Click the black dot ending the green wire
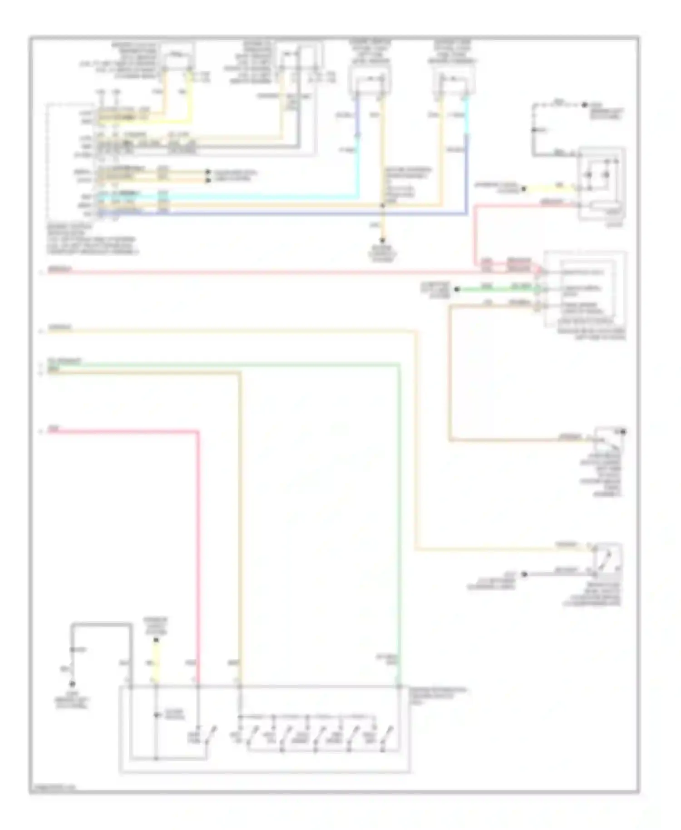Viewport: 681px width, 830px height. tap(457, 289)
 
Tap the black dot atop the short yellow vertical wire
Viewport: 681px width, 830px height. tap(156, 640)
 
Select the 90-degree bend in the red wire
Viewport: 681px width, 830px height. tap(197, 432)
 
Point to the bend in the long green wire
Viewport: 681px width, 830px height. tap(399, 364)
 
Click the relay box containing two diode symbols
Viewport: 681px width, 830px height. tap(602, 183)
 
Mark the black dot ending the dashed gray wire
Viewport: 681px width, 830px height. tap(585, 105)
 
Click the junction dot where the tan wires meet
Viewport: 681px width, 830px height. tap(383, 206)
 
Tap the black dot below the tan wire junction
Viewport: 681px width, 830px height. tap(383, 241)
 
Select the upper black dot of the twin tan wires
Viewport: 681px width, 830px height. tap(208, 173)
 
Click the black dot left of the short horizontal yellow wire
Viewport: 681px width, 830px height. tap(523, 188)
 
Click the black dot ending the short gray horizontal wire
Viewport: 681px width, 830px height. tap(524, 574)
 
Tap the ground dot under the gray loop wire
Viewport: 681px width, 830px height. tap(72, 684)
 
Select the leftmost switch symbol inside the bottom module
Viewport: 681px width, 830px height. tap(209, 735)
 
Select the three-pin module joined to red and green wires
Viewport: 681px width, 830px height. tap(586, 289)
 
